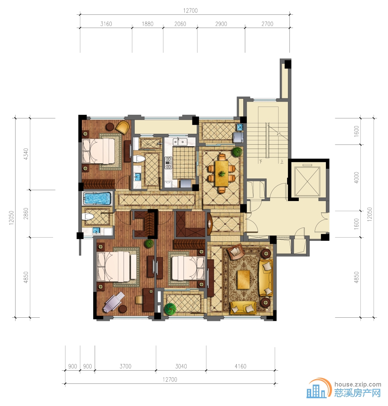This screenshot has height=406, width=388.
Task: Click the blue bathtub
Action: [97, 199]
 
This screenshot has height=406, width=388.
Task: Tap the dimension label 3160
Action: [106, 24]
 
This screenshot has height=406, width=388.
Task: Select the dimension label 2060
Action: [180, 24]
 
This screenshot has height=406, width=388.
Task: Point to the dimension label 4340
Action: [26, 154]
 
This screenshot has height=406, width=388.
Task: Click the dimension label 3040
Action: [181, 366]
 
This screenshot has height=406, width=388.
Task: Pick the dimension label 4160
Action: [241, 366]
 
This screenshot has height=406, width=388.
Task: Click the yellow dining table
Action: [222, 173]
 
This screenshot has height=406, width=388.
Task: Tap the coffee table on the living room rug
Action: [244, 280]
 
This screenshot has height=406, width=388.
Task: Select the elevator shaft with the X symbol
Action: [307, 181]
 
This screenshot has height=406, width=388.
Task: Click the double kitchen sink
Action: [180, 142]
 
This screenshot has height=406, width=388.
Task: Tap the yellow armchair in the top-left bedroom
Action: [123, 127]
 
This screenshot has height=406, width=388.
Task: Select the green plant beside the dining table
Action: [237, 152]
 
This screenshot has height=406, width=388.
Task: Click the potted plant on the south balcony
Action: [170, 308]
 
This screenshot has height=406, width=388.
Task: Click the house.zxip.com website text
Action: [358, 384]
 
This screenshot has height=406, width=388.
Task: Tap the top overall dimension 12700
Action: [191, 10]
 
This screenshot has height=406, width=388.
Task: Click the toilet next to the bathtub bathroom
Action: [88, 217]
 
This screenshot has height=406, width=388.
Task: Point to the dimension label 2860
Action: [26, 213]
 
